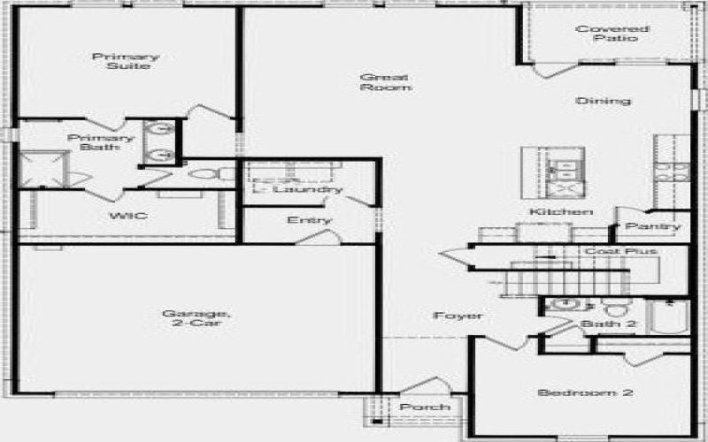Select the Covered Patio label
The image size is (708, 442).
point(606,34)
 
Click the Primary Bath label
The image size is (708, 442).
point(101,143)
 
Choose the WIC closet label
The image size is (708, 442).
point(121,216)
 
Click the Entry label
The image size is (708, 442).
point(310,220)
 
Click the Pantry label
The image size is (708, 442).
point(652,227)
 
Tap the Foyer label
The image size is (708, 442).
point(458,316)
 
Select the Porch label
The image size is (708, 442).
point(425,407)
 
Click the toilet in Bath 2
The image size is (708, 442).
point(613,309)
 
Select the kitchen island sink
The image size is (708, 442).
point(562,167)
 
